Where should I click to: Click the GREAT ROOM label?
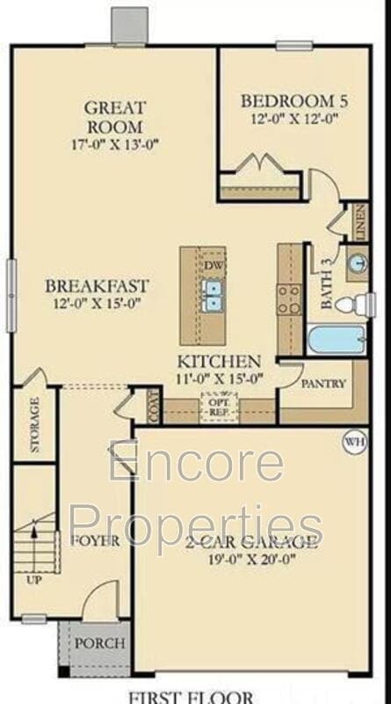tap(115, 116)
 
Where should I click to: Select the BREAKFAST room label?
tap(98, 287)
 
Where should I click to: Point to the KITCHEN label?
tap(219, 362)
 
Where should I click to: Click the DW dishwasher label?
tap(214, 264)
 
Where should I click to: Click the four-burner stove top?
tap(289, 299)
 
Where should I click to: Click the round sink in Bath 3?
tap(358, 264)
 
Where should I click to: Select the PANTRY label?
tap(323, 385)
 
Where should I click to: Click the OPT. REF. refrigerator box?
tap(219, 407)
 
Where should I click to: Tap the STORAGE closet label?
tap(35, 426)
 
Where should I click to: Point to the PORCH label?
tap(98, 644)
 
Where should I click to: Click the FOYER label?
tap(95, 540)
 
